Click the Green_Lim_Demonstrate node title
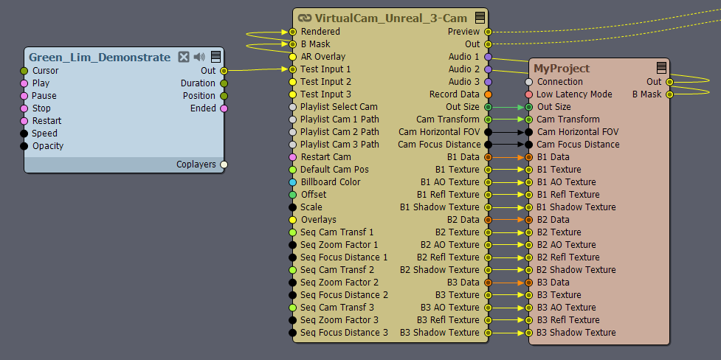[x=100, y=58]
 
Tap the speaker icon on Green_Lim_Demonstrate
[x=199, y=57]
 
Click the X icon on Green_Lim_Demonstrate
[x=184, y=57]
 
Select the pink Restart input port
[x=24, y=121]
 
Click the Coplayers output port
[x=224, y=165]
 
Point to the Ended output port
[x=224, y=108]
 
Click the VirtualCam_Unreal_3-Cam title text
[x=391, y=18]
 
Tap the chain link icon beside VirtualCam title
[x=305, y=18]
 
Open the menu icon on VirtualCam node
[x=480, y=18]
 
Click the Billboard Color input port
[x=292, y=182]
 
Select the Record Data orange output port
[x=488, y=94]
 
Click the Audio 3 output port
[x=488, y=82]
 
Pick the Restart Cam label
[x=325, y=157]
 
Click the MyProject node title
[x=562, y=69]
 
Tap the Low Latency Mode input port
[x=529, y=94]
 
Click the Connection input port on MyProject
[x=529, y=82]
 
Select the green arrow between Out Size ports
[x=508, y=107]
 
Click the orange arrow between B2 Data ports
[x=508, y=220]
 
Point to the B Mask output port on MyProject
[x=669, y=94]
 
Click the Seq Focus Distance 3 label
[x=344, y=333]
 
